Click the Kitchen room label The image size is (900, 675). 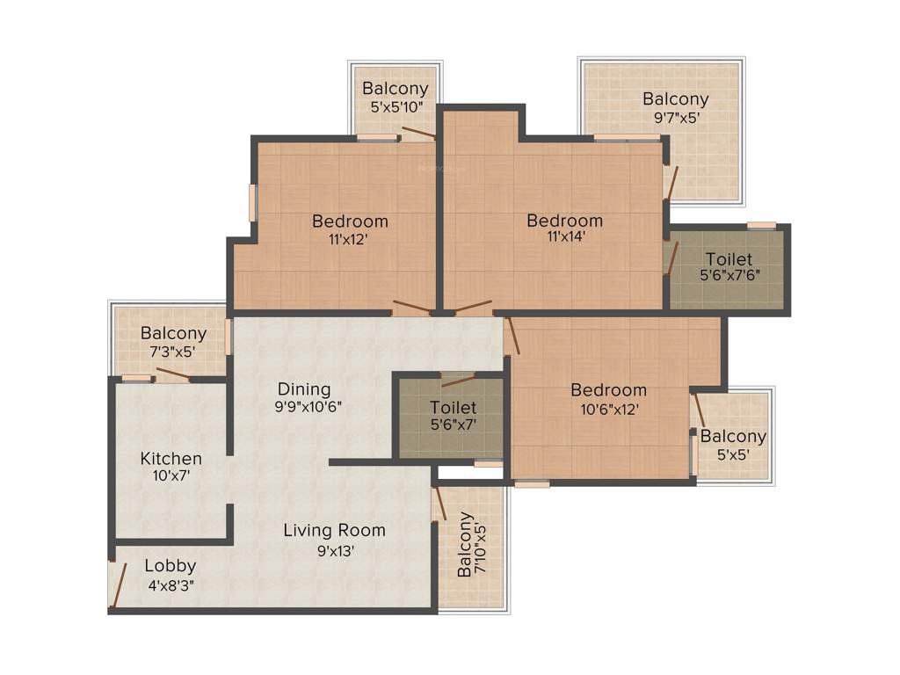pos(171,459)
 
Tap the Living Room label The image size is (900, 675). pos(334,530)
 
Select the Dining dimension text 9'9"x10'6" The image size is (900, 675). pos(304,406)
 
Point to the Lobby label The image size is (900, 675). pos(171,566)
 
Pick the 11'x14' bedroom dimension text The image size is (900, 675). pos(564,236)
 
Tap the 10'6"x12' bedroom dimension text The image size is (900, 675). pos(608,408)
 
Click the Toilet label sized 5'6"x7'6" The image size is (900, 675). pos(729,259)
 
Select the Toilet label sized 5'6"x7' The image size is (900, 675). pos(454,408)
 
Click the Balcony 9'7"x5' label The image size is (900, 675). pos(675,99)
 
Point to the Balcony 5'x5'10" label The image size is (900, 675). pos(395,89)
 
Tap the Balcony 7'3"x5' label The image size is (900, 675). pos(173,334)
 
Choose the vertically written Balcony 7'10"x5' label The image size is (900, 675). pos(466,545)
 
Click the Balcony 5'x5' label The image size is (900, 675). pos(733,437)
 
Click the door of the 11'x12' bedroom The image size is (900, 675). pos(410,308)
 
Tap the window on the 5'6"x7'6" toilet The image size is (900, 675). pos(761,225)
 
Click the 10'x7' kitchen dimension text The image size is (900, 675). pos(171,475)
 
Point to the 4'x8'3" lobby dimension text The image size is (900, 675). pos(171,583)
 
